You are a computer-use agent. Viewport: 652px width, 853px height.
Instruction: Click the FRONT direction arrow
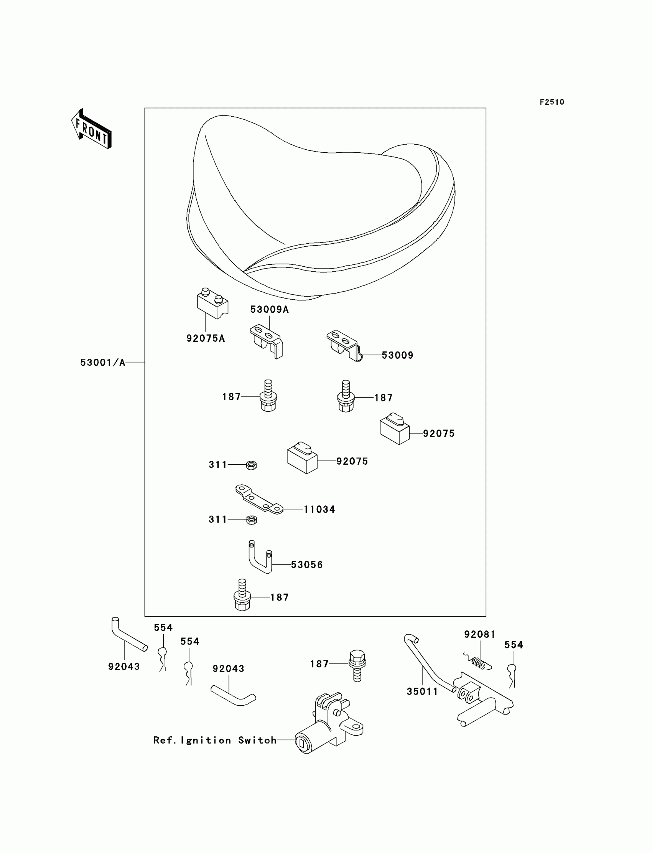[x=91, y=129]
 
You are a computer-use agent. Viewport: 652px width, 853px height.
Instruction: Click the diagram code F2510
[x=552, y=102]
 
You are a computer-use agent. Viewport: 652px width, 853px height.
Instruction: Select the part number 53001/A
[x=103, y=363]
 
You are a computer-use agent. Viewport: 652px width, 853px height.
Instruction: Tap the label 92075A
[x=205, y=338]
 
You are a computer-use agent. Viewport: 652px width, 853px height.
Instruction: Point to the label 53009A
[x=269, y=309]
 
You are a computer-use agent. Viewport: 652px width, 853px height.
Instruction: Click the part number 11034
[x=319, y=510]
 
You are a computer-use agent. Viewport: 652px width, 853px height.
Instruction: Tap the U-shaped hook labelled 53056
[x=260, y=557]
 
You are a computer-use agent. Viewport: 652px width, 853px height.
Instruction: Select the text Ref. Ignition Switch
[x=215, y=741]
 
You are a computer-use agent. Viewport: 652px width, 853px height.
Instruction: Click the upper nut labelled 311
[x=251, y=465]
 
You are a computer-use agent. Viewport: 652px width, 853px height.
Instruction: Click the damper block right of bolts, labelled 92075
[x=394, y=430]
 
